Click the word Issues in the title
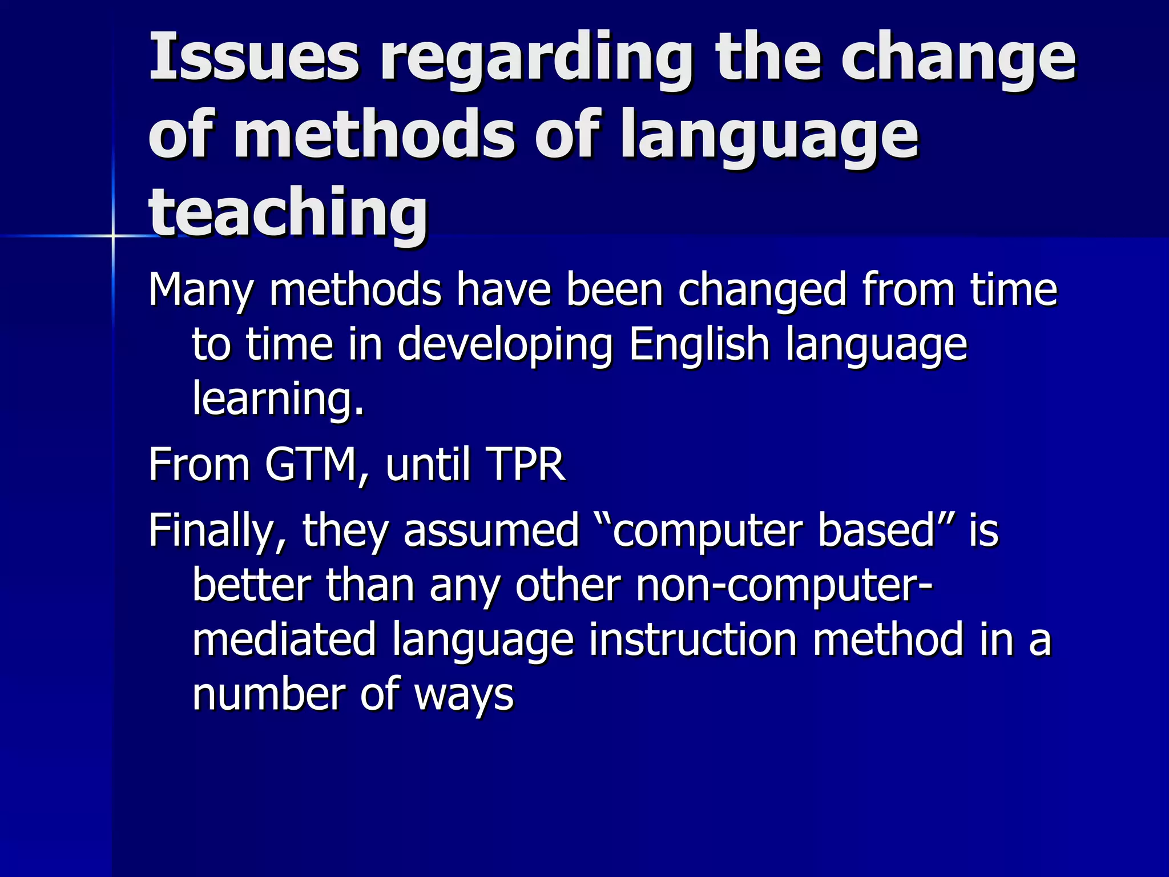(254, 57)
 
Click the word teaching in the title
(288, 214)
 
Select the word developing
(505, 346)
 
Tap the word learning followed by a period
(278, 398)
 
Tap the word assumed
(491, 530)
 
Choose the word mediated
(284, 639)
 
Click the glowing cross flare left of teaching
(113, 235)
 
